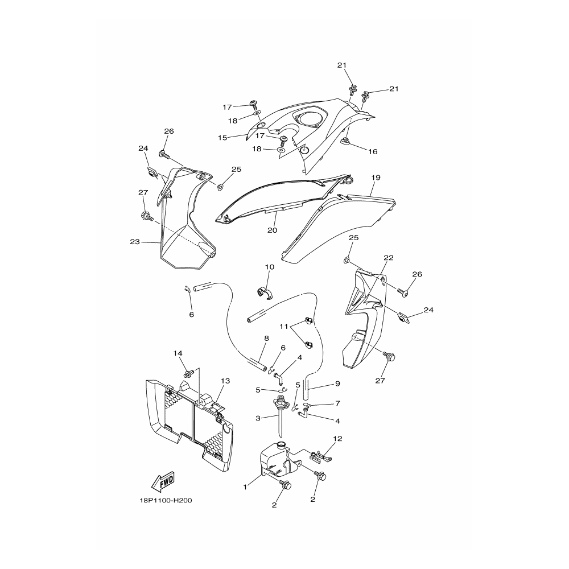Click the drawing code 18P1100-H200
point(166,500)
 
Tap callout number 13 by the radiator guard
point(225,381)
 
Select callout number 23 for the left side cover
point(135,241)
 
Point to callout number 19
point(376,178)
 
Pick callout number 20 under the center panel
point(272,230)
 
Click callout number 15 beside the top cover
point(222,138)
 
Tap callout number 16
point(373,151)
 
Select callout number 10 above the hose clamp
point(270,267)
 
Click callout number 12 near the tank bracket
point(337,438)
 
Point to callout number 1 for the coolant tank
point(245,487)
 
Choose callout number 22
point(389,258)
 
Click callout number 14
point(178,353)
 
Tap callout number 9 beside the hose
point(337,383)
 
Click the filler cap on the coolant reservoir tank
point(281,445)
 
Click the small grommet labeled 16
point(345,141)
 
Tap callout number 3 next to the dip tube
point(258,418)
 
